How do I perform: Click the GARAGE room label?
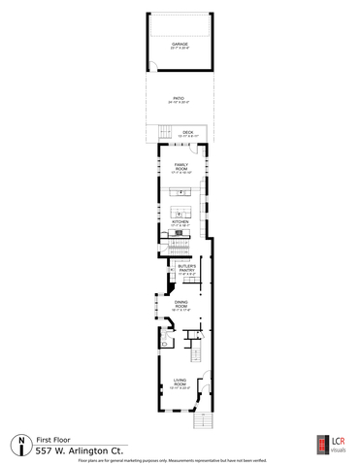(x=179, y=45)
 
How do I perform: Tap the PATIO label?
(x=179, y=100)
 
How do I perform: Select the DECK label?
(x=186, y=134)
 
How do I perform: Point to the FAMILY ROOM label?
(x=180, y=168)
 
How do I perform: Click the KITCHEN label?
(x=180, y=224)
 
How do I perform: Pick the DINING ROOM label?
(x=180, y=308)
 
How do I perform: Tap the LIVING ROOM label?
(x=180, y=383)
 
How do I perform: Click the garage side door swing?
(x=152, y=67)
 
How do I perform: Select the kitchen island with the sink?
(x=181, y=211)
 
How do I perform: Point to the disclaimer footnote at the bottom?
(x=180, y=461)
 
